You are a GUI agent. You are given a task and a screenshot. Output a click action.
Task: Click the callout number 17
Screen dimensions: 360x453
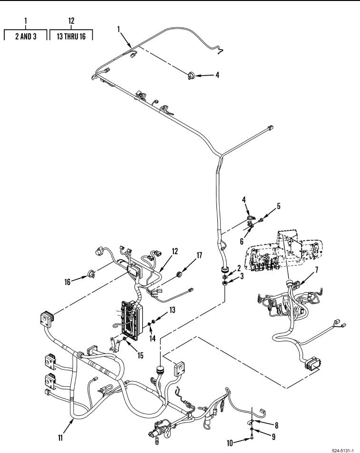199,255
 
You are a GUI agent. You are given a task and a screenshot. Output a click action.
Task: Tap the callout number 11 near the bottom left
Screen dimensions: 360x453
60,438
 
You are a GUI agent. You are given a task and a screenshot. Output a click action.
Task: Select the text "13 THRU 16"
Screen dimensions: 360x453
71,36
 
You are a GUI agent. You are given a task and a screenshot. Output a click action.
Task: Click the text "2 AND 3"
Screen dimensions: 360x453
26,36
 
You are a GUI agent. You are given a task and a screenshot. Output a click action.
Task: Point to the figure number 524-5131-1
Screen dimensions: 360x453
343,451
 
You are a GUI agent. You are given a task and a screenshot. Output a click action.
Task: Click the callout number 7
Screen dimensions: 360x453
316,270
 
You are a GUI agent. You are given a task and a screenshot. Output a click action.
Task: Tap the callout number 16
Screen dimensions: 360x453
67,282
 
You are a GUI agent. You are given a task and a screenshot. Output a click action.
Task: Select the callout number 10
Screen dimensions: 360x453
230,443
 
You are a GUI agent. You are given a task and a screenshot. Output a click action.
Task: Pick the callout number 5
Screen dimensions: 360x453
279,206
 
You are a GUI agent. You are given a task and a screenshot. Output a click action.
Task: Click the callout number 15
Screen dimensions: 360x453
140,355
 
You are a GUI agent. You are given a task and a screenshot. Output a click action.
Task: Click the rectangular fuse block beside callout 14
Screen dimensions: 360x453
132,320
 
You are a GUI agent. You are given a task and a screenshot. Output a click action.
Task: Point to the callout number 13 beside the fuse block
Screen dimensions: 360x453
172,310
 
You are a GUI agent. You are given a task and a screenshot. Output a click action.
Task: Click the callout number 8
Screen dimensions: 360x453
277,425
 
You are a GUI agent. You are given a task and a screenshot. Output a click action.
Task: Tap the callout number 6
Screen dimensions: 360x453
242,241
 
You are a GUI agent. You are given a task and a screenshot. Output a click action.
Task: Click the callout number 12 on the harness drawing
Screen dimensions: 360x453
175,251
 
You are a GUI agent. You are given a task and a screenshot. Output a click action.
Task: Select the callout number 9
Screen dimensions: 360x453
273,437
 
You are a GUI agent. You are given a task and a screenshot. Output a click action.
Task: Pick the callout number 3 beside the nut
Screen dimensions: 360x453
242,276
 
